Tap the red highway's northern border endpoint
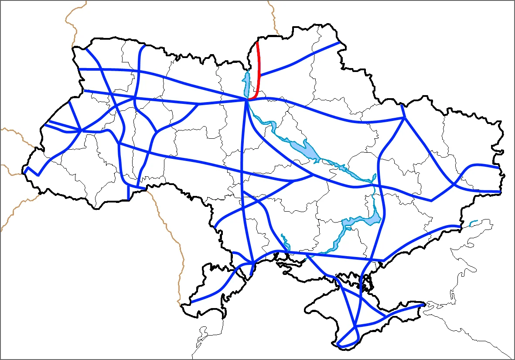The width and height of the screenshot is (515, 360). point(257,42)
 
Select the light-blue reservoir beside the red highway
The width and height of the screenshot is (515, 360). point(246,85)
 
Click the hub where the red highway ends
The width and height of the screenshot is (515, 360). point(247,100)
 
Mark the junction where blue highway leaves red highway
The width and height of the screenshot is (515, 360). point(259,75)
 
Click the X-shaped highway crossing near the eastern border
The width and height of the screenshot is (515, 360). point(454,185)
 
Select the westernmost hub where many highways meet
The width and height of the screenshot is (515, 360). point(81,130)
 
